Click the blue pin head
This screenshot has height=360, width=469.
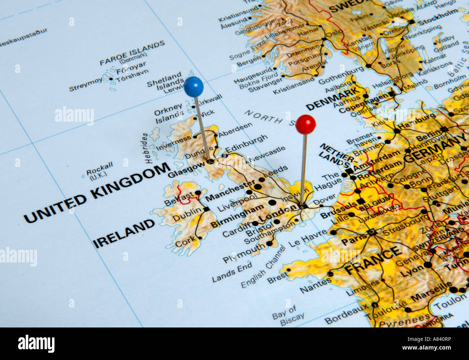[194, 87]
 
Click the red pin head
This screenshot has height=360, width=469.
[306, 125]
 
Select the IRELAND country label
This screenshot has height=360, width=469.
[124, 234]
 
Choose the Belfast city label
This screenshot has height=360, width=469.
[179, 199]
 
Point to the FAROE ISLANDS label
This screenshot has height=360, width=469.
[132, 53]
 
